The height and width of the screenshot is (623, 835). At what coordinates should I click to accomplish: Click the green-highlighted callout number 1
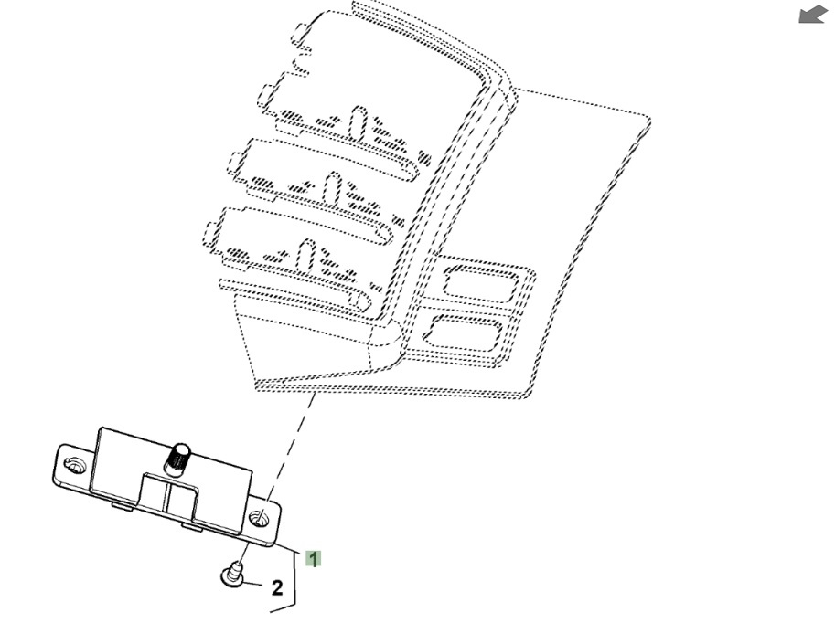coord(313,558)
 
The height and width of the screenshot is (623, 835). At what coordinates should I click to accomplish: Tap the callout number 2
coord(276,588)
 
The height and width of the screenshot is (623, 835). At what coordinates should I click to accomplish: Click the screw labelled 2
coord(233,573)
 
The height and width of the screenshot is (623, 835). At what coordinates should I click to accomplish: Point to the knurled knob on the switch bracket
coord(177,458)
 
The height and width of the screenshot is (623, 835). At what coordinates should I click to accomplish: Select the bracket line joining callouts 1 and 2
coord(293,575)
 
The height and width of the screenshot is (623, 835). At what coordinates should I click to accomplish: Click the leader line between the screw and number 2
coord(253,581)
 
